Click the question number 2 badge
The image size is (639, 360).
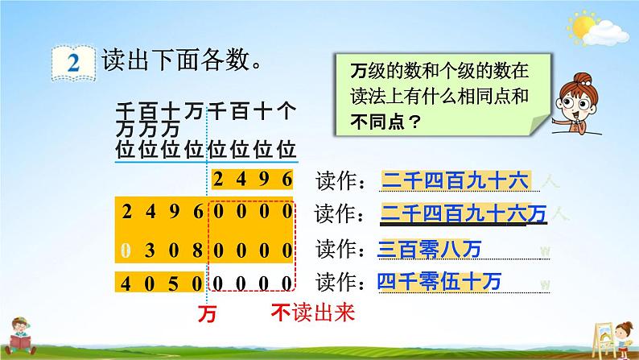pyautogui.click(x=73, y=63)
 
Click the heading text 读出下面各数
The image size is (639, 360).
pyautogui.click(x=181, y=60)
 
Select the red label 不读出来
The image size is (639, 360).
pyautogui.click(x=313, y=312)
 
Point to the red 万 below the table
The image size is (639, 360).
pyautogui.click(x=207, y=314)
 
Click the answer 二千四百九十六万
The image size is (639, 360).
pyautogui.click(x=464, y=214)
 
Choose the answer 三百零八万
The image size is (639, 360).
pyautogui.click(x=430, y=249)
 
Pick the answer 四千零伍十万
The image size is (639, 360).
pyautogui.click(x=439, y=282)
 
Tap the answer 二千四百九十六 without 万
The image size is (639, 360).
pyautogui.click(x=455, y=180)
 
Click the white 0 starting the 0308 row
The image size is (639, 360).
pyautogui.click(x=126, y=250)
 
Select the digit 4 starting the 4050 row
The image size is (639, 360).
pyautogui.click(x=126, y=283)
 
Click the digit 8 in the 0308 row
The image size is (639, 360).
pyautogui.click(x=198, y=250)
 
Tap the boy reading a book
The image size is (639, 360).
pyautogui.click(x=19, y=336)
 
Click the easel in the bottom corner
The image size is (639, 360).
pyautogui.click(x=603, y=339)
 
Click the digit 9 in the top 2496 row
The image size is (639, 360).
pyautogui.click(x=264, y=180)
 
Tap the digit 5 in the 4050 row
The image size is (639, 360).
pyautogui.click(x=174, y=283)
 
